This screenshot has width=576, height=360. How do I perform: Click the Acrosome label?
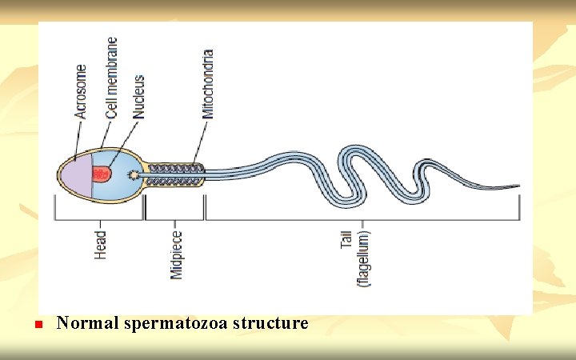point(80,92)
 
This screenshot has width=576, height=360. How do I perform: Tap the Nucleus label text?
point(138,98)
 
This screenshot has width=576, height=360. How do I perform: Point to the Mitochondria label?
point(208,84)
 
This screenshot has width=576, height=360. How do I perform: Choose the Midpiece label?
point(176,255)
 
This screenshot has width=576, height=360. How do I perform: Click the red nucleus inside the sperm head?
point(101,173)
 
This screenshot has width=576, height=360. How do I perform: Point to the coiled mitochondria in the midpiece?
point(175,174)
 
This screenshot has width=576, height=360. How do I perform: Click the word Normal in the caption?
point(87,324)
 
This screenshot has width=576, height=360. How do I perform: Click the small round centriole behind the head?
point(135,174)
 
